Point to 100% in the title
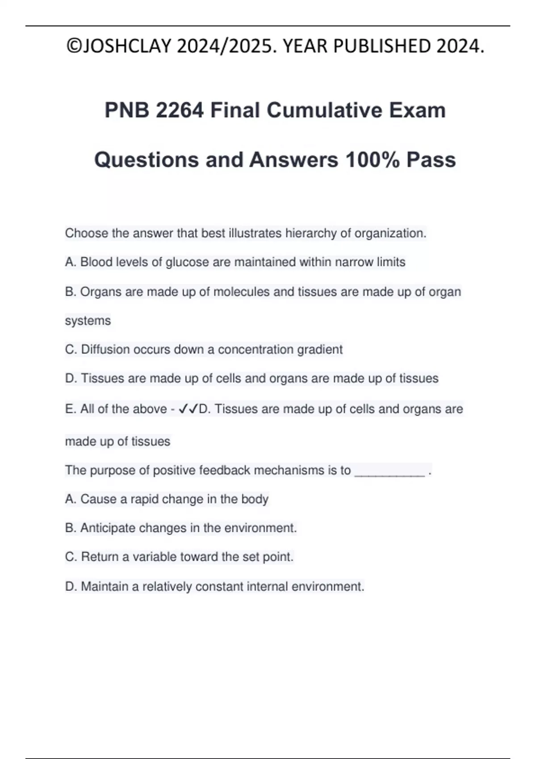click(373, 160)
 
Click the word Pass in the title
click(431, 160)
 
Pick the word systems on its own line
click(88, 321)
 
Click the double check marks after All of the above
click(188, 409)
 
